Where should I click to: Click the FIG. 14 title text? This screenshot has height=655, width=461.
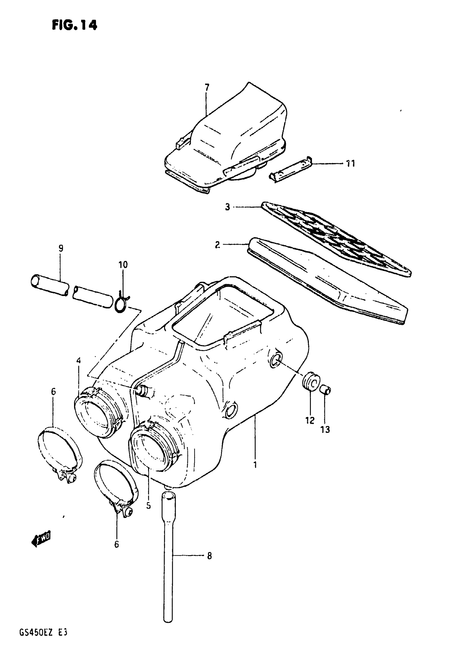click(x=75, y=25)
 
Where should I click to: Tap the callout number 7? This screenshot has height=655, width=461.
click(x=207, y=87)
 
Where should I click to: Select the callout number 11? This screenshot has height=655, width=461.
click(x=350, y=164)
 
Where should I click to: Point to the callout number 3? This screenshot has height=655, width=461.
click(x=227, y=207)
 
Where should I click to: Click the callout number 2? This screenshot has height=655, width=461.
click(x=217, y=244)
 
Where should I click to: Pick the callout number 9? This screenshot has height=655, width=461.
click(x=61, y=248)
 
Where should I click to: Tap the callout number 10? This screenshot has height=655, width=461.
click(x=123, y=264)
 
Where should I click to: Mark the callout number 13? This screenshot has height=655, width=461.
click(x=325, y=429)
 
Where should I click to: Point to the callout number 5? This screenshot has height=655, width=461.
click(x=148, y=506)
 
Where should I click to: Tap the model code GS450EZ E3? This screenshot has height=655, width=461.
click(x=43, y=638)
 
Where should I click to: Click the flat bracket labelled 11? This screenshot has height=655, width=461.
click(x=291, y=171)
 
